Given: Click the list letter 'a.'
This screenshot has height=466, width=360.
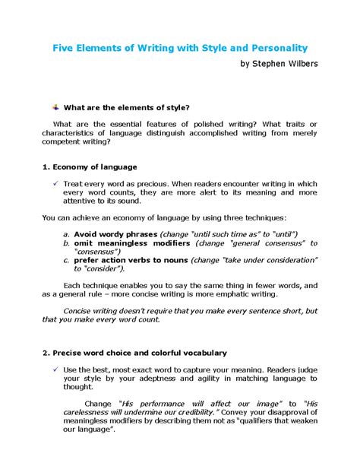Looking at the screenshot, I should [67, 233].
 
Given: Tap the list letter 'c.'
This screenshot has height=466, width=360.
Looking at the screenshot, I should [67, 259].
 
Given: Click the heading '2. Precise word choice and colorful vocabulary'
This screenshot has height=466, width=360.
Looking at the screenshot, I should [134, 353].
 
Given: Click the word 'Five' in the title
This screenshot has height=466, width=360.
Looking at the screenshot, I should [65, 49].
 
